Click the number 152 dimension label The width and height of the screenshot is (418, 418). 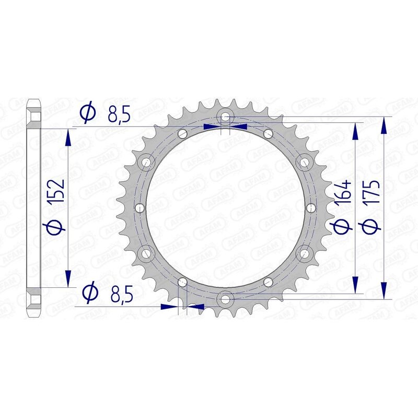click(x=57, y=191)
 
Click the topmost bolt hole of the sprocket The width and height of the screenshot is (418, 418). click(x=225, y=116)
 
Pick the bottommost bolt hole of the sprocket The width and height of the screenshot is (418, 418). click(x=225, y=299)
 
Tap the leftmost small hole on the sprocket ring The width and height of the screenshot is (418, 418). click(x=139, y=208)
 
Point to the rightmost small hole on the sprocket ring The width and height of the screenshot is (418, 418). click(x=311, y=208)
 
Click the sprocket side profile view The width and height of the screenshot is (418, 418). click(x=33, y=207)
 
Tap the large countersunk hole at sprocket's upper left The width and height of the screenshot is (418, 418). click(x=147, y=162)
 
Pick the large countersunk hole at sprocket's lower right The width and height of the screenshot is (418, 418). click(x=304, y=253)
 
